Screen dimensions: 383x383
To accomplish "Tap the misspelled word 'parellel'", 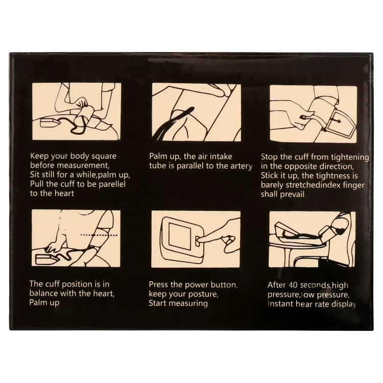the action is (112, 184).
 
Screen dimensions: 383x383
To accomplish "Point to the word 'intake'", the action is (221, 156).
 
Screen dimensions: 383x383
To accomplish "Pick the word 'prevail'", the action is (292, 194).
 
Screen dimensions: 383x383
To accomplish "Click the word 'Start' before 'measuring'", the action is (158, 303).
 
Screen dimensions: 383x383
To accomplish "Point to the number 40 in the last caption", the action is (293, 285).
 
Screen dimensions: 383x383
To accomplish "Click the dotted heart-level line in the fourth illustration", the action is (99, 235).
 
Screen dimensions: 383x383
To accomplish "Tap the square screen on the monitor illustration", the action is (179, 236).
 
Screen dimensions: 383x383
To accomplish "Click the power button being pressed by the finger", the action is (198, 241).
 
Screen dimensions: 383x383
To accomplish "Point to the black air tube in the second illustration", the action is (174, 122).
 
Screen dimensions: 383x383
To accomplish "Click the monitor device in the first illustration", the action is (50, 123).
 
